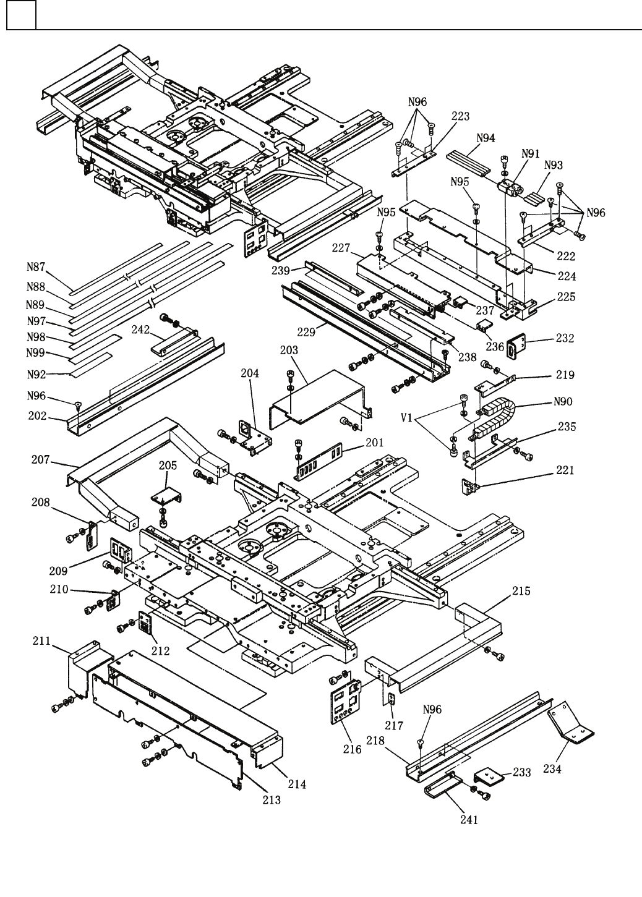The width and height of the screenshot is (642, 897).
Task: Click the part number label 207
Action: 43,460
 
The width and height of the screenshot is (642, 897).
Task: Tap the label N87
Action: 36,268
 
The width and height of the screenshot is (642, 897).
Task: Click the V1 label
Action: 407,418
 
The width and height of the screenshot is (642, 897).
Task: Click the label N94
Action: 486,138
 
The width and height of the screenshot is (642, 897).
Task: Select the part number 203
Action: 288,350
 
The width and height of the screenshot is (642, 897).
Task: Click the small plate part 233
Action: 489,776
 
